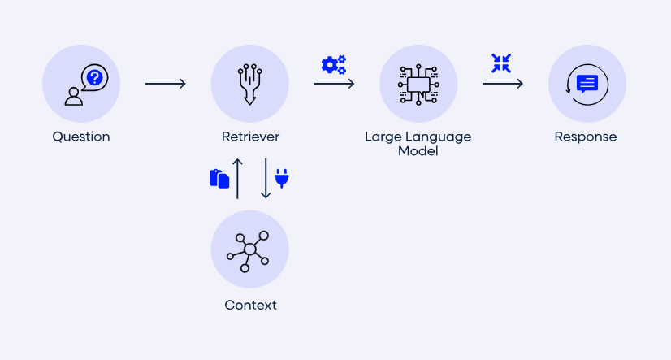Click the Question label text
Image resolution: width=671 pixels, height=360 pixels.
point(81,137)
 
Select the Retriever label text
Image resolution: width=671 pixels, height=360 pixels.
point(249,137)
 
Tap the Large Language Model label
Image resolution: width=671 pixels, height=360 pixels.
point(418,143)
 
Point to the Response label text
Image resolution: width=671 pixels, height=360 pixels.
point(586,137)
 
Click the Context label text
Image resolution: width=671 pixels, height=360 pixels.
point(250,306)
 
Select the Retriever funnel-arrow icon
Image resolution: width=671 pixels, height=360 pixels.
point(249,85)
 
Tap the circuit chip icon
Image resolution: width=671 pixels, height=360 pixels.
point(418,85)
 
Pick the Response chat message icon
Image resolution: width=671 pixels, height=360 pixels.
point(587,84)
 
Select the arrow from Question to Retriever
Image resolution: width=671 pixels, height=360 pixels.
point(166,84)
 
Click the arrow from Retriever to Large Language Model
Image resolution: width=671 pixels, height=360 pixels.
point(334,84)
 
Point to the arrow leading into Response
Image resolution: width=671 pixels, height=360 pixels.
point(502,84)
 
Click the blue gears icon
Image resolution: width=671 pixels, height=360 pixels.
point(334,63)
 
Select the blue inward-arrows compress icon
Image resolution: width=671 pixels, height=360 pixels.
point(501,63)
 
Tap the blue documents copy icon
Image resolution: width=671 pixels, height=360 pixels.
point(219,178)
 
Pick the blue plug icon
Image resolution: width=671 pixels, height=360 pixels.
point(282,178)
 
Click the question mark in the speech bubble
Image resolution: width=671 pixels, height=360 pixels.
point(95,78)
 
